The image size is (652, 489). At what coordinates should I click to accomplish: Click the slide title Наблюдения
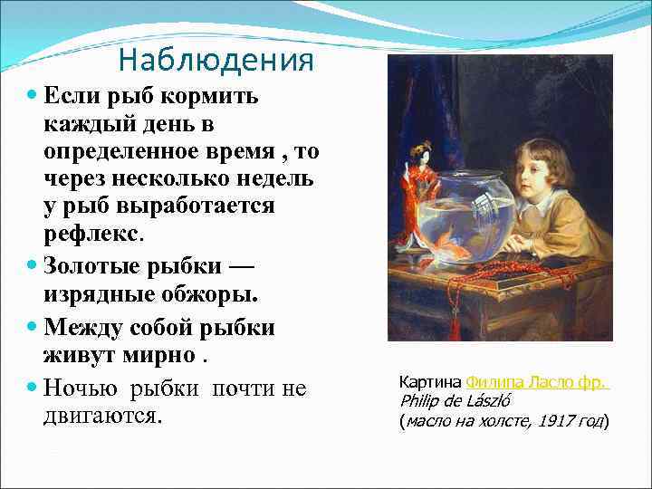click(216, 61)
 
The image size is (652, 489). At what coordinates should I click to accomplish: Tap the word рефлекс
click(91, 234)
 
